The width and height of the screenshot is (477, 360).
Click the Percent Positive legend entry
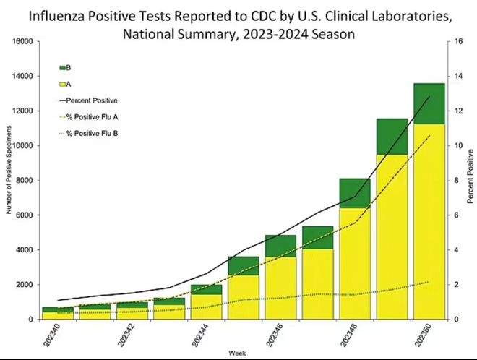coord(97,100)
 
